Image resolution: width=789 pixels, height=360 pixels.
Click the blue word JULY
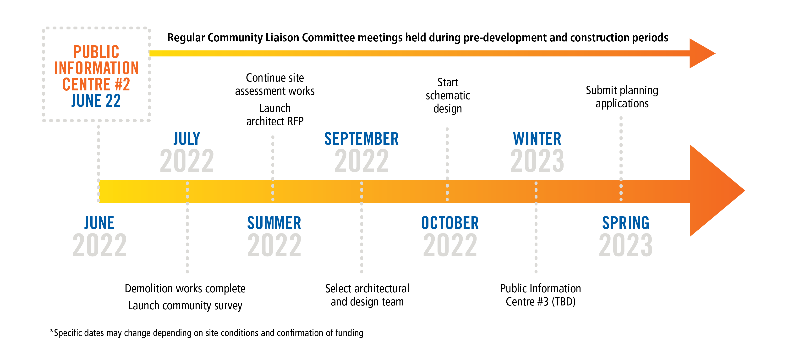tap(187, 139)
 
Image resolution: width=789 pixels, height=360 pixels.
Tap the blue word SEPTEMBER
tap(362, 139)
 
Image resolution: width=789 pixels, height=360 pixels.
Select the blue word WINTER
tap(537, 139)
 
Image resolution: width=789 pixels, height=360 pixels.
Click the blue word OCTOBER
tap(450, 223)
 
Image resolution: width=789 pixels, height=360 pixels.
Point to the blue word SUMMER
tap(274, 223)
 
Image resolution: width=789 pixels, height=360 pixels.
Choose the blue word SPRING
tap(625, 223)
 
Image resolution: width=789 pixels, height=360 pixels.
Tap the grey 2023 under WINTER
tap(537, 161)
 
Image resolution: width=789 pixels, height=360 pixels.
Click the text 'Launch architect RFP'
tap(275, 115)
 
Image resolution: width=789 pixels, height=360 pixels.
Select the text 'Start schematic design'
tap(448, 96)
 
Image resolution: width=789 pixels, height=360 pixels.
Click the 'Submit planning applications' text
tap(622, 97)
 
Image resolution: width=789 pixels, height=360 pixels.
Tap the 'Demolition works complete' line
tap(185, 289)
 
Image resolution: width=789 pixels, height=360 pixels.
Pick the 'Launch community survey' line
tap(185, 305)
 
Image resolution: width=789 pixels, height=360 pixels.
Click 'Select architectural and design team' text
tap(367, 295)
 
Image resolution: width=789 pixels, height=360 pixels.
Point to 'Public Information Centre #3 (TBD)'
tap(541, 295)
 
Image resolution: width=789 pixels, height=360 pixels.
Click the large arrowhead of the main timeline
tap(717, 191)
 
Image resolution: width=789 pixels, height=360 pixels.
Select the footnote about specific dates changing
tap(207, 333)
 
